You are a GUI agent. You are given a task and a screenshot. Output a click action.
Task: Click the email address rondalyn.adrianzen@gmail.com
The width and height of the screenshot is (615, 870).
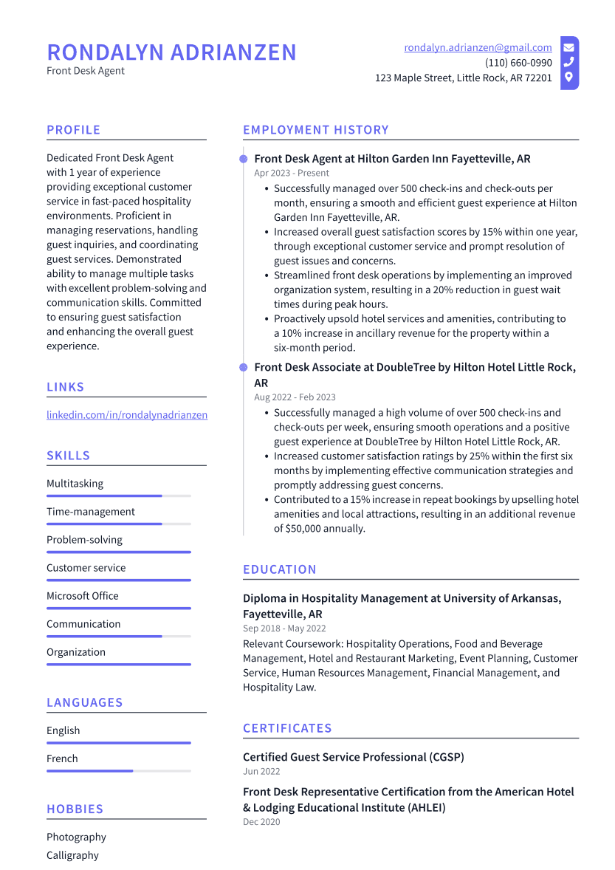(478, 47)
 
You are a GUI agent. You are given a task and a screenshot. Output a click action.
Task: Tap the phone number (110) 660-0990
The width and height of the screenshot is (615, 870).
(518, 63)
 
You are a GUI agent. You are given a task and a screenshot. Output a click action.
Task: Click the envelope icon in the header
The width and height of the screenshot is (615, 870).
(568, 47)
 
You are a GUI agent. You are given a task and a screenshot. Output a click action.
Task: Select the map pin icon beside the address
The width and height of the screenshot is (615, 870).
(568, 77)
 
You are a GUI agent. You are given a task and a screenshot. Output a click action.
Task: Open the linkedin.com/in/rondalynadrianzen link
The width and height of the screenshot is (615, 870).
(127, 415)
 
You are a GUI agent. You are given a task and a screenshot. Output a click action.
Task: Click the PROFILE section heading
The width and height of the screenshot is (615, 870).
(73, 130)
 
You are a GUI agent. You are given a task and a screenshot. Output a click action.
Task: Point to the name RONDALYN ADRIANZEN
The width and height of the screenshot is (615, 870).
(171, 52)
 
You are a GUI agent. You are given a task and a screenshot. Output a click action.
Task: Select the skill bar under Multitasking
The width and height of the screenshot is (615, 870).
(118, 496)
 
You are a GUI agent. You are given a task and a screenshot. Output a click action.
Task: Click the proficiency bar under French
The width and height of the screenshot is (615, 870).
(118, 770)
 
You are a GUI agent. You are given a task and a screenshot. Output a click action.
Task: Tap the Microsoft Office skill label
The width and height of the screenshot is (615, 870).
(82, 596)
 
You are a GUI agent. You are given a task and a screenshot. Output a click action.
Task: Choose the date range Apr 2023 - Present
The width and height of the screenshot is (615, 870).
(292, 173)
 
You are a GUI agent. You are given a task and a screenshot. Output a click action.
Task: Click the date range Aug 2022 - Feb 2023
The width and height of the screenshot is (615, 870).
(295, 397)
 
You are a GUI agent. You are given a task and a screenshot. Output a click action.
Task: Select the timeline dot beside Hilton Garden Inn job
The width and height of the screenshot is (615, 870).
(243, 159)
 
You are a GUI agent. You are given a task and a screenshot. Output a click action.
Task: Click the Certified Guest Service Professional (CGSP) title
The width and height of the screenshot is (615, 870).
(353, 757)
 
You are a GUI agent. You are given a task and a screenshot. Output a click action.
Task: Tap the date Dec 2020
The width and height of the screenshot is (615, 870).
(261, 822)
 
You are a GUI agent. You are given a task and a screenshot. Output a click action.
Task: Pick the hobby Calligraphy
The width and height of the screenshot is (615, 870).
(72, 855)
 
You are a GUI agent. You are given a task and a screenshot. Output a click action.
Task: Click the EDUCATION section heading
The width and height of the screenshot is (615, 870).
(279, 569)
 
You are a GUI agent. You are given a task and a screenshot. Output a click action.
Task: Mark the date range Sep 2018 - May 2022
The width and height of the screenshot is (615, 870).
(284, 628)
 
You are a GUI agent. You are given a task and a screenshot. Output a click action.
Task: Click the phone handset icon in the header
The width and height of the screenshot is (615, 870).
(568, 62)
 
